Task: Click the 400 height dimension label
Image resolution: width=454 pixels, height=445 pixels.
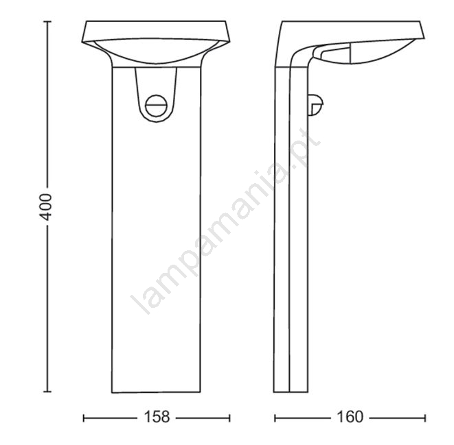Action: (x=46, y=207)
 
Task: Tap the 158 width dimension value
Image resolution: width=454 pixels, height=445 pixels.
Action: (x=157, y=417)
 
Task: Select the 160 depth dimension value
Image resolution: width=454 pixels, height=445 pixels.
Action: (x=350, y=417)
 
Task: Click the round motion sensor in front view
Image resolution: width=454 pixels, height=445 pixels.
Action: (x=157, y=106)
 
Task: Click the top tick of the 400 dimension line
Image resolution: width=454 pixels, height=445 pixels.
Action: (x=47, y=21)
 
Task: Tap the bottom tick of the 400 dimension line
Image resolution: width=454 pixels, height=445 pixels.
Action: (x=47, y=392)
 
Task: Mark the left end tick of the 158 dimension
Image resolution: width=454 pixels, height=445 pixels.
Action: (x=84, y=418)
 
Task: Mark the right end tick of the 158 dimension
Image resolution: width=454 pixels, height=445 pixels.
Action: (x=229, y=418)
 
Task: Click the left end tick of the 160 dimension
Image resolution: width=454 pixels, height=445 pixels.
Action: (x=275, y=418)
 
